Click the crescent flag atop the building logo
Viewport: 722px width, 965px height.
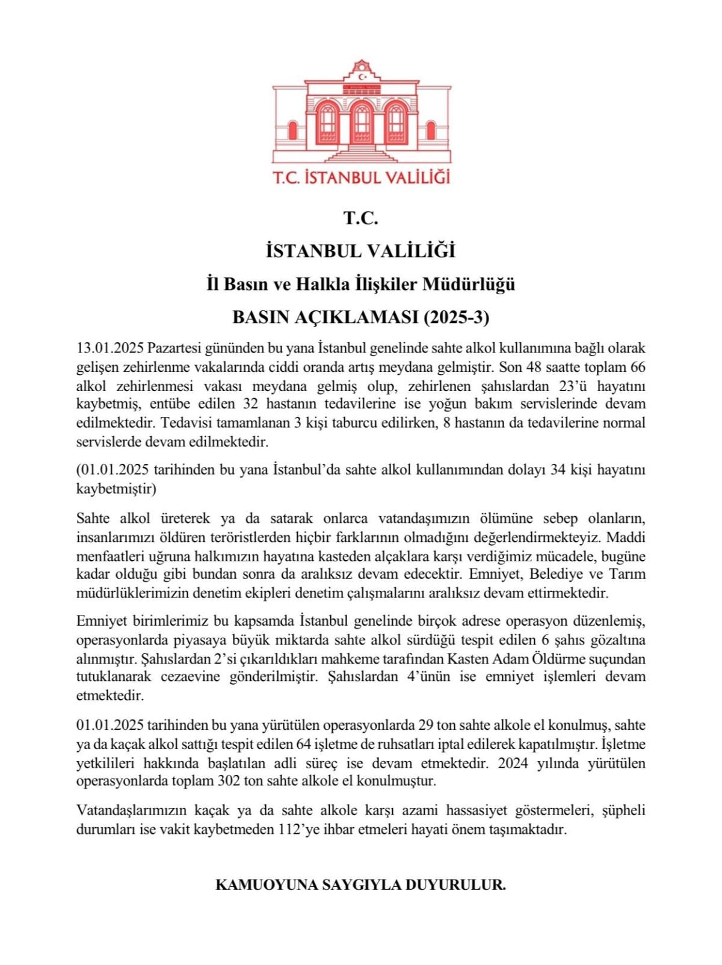click(x=362, y=76)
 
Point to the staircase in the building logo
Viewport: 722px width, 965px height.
click(x=361, y=153)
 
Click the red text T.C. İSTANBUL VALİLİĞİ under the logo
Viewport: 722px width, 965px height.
click(x=361, y=177)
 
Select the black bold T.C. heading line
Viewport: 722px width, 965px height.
click(x=360, y=218)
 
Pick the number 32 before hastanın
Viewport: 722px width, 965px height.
click(x=251, y=404)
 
